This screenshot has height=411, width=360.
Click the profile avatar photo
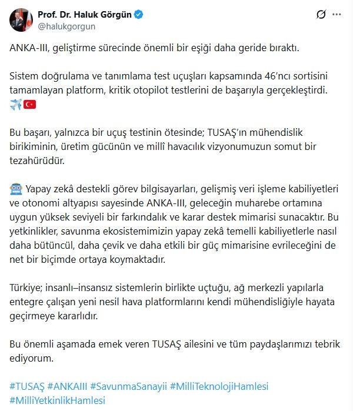[x=21, y=20]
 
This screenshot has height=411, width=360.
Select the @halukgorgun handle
[x=62, y=26]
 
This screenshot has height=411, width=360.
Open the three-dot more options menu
[x=335, y=14]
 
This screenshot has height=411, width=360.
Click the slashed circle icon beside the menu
[x=321, y=14]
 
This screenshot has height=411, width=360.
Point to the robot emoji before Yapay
[x=16, y=189]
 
